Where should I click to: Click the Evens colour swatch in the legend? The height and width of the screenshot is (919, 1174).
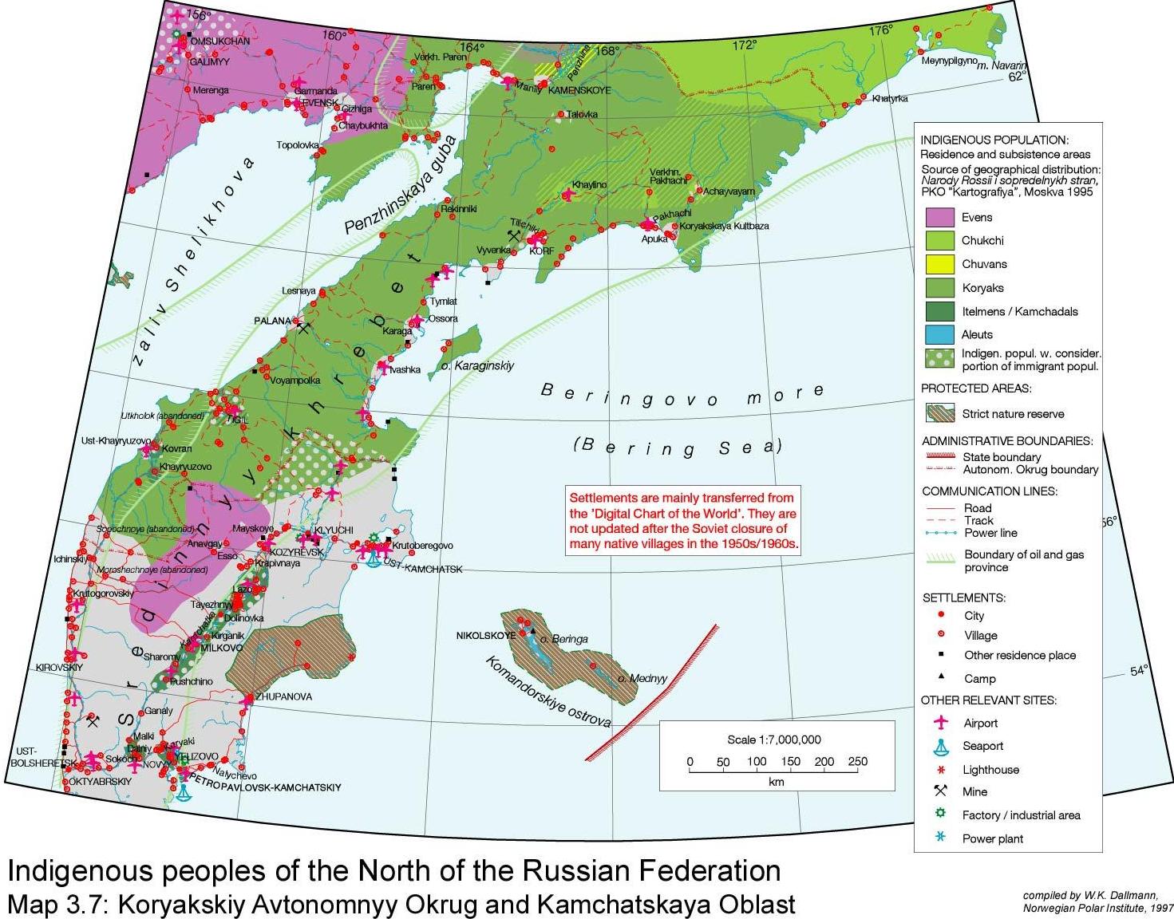tap(939, 217)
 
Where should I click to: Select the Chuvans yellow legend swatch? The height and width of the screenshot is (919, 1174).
tap(939, 264)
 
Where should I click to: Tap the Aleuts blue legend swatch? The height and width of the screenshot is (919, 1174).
tap(939, 334)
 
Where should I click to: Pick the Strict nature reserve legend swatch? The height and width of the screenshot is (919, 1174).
tap(939, 413)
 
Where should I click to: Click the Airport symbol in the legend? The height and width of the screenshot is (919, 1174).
tap(942, 723)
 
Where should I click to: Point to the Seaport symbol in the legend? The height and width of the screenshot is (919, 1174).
tap(942, 746)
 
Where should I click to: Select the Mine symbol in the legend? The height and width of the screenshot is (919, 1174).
tap(941, 791)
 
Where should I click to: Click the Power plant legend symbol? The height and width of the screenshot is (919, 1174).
tap(941, 838)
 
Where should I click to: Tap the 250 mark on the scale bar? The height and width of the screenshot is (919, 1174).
tap(857, 762)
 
